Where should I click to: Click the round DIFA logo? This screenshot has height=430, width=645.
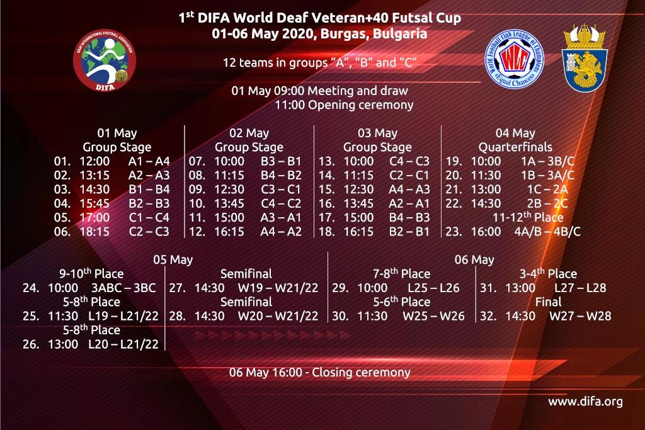tap(105, 60)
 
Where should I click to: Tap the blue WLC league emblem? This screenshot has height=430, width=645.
tap(514, 59)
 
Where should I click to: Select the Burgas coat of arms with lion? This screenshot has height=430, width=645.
tap(584, 57)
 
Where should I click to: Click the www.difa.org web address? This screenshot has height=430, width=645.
tap(585, 402)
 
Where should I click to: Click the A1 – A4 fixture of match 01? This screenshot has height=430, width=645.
tap(149, 161)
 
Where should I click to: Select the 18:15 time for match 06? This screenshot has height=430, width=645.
tap(94, 232)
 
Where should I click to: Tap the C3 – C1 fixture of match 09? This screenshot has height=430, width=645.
tap(280, 190)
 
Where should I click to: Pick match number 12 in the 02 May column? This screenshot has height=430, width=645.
tap(197, 232)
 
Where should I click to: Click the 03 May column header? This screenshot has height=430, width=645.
tap(377, 133)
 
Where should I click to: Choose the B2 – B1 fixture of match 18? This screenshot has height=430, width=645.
tap(409, 232)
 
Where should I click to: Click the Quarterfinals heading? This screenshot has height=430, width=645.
tap(515, 147)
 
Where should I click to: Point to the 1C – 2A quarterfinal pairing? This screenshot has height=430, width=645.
tap(547, 190)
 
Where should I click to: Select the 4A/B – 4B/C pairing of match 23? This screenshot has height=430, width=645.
tap(547, 232)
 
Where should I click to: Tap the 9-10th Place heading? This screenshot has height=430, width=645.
tap(91, 273)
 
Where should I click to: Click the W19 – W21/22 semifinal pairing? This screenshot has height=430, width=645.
tap(278, 288)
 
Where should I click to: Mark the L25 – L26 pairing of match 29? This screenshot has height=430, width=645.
tap(433, 288)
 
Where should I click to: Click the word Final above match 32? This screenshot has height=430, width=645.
tap(549, 302)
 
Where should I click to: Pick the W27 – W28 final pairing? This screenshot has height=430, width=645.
tap(580, 315)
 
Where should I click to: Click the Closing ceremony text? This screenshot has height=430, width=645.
tap(361, 373)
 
